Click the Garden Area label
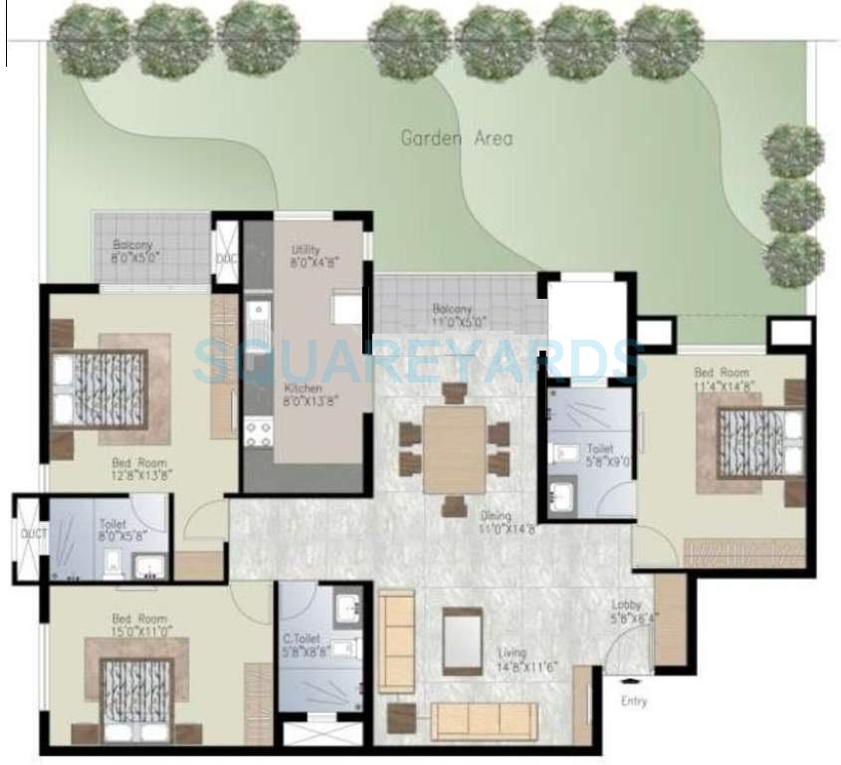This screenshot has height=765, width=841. pyautogui.click(x=457, y=137)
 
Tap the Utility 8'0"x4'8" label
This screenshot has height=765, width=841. pyautogui.click(x=306, y=257)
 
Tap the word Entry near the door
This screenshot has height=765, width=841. pyautogui.click(x=634, y=701)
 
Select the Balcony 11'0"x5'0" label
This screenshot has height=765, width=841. pyautogui.click(x=460, y=315)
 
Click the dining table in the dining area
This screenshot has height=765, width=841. pyautogui.click(x=454, y=448)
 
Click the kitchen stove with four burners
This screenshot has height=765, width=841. pyautogui.click(x=259, y=431)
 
